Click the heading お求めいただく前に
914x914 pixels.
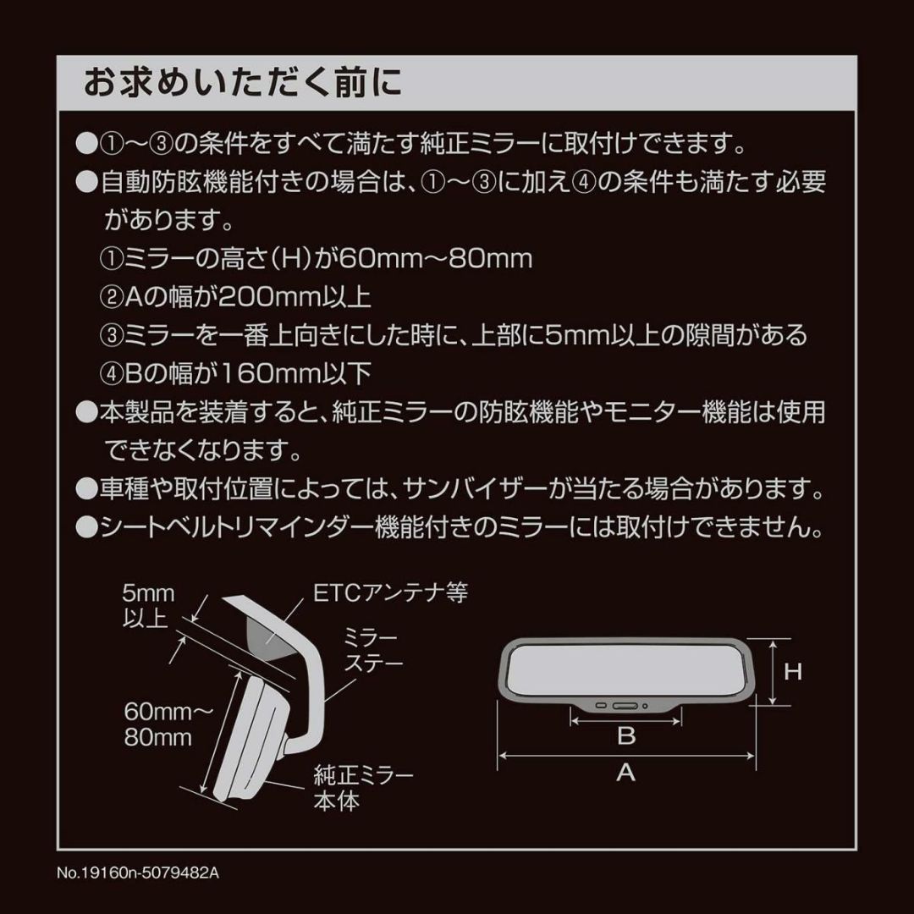243,82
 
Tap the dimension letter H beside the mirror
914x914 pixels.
793,672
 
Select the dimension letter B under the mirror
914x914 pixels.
626,736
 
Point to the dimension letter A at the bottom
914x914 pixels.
625,773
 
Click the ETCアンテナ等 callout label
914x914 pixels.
390,592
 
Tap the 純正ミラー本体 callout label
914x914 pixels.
363,788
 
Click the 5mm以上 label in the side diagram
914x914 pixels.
148,606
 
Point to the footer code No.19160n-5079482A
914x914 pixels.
138,873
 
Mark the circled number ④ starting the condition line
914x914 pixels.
112,374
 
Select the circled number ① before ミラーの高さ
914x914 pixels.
112,259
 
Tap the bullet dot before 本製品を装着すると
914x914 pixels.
87,413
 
